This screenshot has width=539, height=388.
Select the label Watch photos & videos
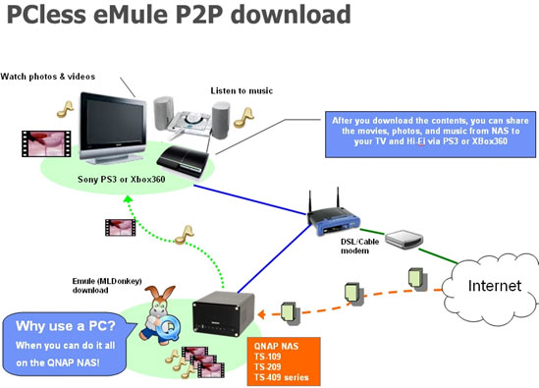[47, 75]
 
